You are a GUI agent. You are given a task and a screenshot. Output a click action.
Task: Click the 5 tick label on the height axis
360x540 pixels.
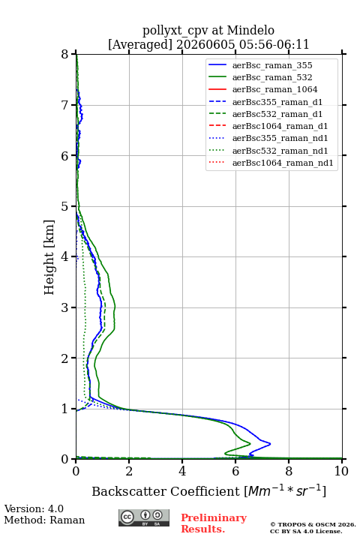(65, 206)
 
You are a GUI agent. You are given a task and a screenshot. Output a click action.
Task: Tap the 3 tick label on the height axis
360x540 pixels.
(65, 307)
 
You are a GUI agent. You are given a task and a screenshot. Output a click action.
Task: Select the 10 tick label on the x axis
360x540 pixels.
(341, 471)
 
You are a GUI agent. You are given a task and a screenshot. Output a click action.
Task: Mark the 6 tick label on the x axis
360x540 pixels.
(235, 471)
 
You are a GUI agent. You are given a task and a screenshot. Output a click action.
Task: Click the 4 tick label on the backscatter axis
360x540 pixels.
(182, 471)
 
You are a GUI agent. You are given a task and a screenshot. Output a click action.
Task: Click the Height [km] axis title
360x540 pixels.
(49, 257)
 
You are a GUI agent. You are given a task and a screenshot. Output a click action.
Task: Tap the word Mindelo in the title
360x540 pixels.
(250, 30)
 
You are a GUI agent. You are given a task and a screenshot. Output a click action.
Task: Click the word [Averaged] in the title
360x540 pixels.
(140, 44)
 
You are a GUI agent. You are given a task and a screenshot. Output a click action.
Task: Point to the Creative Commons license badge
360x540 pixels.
(144, 517)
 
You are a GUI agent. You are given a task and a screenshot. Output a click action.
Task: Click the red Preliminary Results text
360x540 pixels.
(214, 523)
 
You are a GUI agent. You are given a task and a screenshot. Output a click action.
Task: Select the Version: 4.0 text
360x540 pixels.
(34, 508)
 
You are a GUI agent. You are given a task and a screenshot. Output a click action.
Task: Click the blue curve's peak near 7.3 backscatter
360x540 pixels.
(270, 443)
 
